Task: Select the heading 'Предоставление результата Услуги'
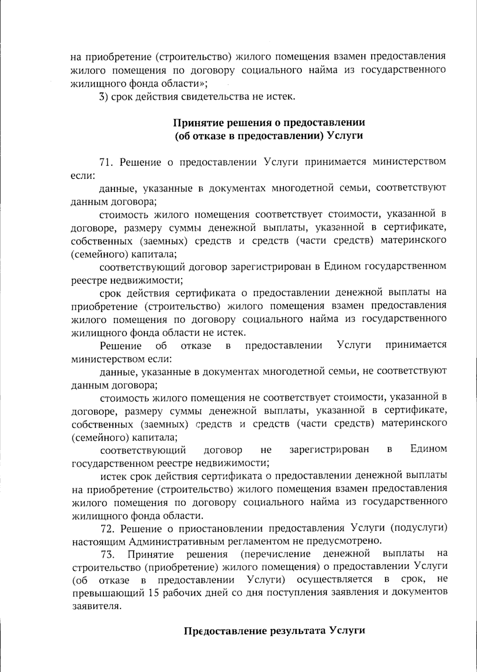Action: click(274, 631)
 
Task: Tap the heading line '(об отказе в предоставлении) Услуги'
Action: click(269, 135)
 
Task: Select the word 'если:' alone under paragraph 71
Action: click(82, 175)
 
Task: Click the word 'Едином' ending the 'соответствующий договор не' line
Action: click(429, 450)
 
